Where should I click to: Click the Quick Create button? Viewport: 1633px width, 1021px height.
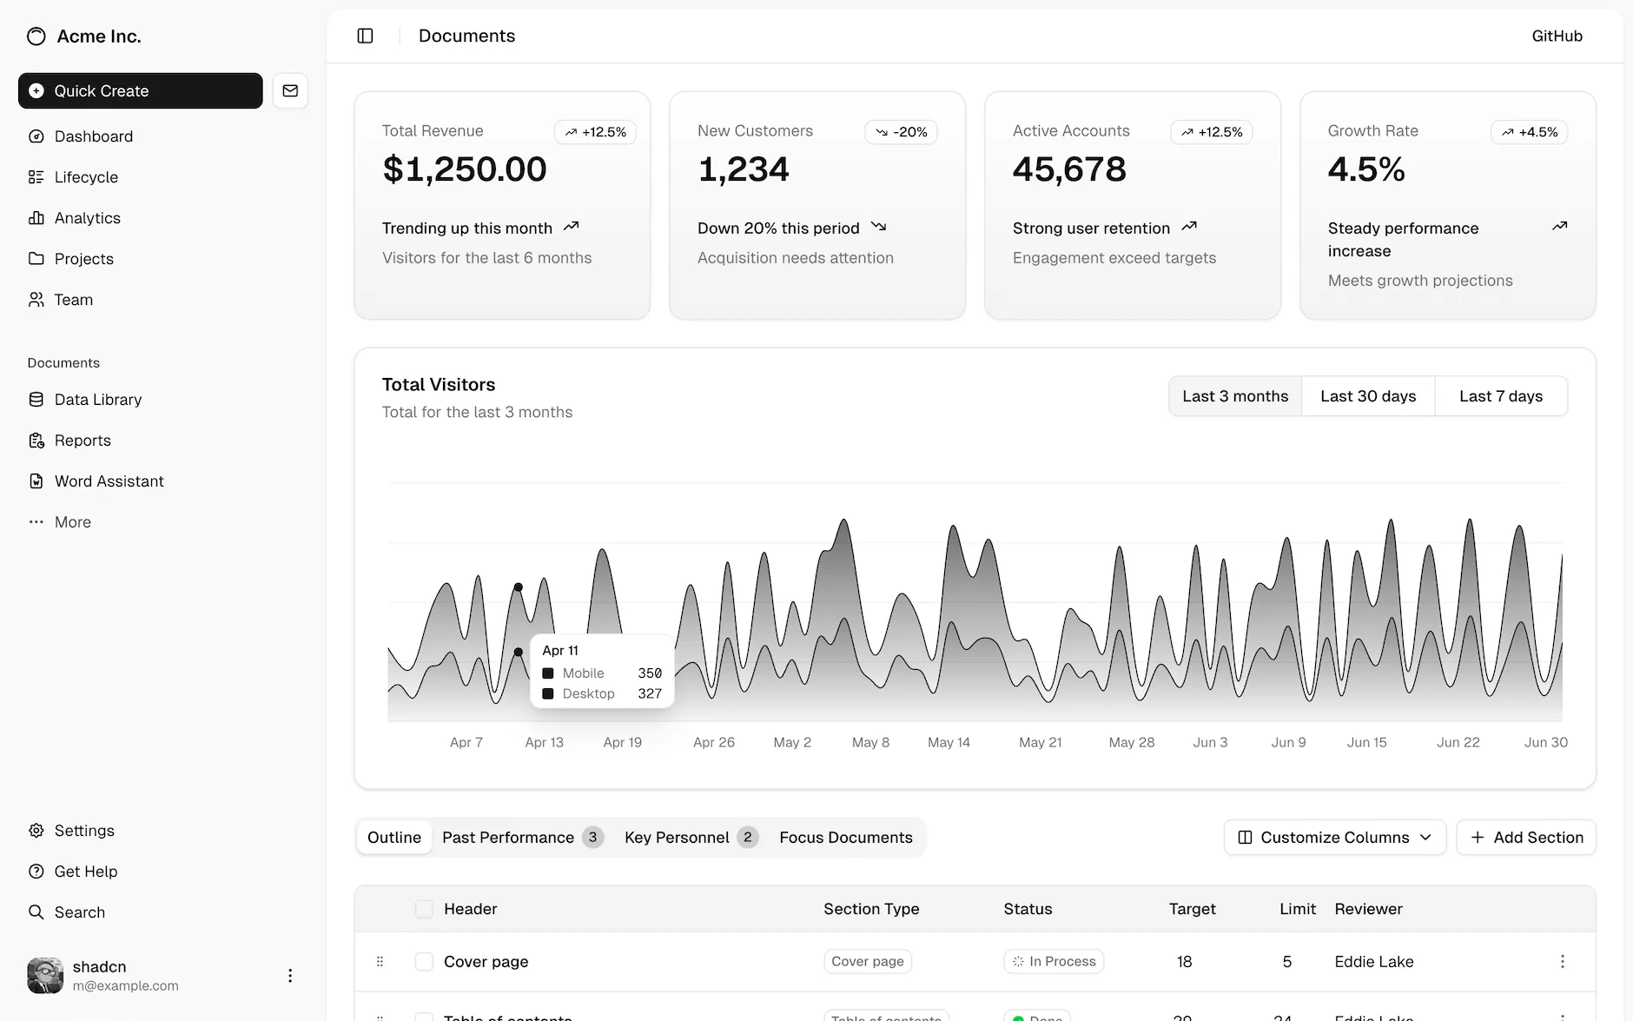(140, 90)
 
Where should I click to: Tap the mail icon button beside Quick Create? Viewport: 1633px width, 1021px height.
(290, 90)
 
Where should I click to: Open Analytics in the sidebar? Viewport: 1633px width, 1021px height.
(87, 218)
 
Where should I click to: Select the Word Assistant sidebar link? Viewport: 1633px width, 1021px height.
(109, 481)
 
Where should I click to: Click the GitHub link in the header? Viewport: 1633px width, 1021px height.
(1557, 36)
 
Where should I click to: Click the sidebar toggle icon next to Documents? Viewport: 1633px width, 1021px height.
(365, 36)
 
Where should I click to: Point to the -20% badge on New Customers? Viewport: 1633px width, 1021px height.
(901, 132)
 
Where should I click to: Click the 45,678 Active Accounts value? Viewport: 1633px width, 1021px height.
(1069, 169)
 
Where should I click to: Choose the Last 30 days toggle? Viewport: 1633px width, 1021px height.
(1368, 396)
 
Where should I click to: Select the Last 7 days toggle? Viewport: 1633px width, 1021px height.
(1501, 396)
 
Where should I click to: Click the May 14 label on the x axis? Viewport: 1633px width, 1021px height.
(949, 742)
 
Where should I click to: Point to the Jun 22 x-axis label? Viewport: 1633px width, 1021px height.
(1458, 742)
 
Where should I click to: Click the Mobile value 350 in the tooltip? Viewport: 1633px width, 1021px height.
(650, 673)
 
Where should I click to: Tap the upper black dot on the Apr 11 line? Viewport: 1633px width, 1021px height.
(519, 587)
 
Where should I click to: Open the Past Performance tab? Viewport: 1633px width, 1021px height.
(508, 838)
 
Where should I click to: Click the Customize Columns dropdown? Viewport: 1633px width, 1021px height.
(1334, 838)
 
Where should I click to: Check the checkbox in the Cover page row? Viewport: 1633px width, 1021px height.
(424, 962)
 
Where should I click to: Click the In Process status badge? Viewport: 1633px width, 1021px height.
(1054, 962)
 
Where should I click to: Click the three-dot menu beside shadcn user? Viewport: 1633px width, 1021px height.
(290, 976)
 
